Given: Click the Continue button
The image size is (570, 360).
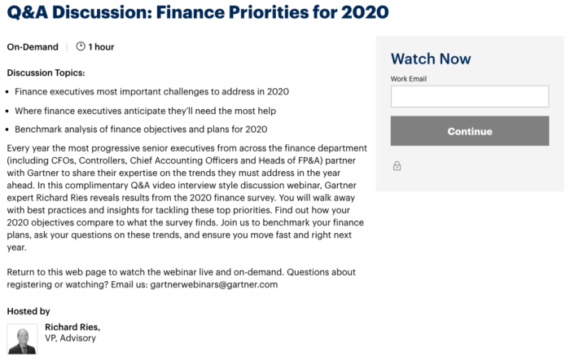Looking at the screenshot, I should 470,131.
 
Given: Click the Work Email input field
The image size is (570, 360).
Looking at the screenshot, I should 470,97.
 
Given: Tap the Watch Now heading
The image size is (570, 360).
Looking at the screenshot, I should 431,59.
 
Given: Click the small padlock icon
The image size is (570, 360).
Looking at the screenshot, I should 397,166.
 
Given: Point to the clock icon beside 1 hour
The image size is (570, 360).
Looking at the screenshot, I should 81,46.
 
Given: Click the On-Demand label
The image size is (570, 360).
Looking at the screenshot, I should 33,47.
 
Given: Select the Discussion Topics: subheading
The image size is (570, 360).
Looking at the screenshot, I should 46,73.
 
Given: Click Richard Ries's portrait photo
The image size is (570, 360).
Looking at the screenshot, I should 22,339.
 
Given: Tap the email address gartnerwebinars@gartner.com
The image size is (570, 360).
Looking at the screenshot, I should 214,284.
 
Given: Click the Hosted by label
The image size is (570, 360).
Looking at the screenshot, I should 28,311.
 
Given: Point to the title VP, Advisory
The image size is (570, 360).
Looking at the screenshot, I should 71,338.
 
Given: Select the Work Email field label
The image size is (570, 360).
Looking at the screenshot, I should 409,79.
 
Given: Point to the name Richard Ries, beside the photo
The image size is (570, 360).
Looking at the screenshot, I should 72,327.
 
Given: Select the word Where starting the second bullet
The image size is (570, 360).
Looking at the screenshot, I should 29,111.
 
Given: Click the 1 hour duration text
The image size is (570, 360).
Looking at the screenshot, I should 102,47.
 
